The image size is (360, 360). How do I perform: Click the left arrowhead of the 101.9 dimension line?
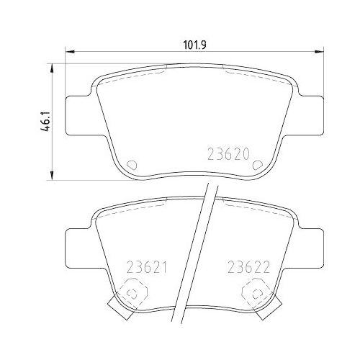click(69, 52)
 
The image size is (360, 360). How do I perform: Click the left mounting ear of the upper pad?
click(79, 115)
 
